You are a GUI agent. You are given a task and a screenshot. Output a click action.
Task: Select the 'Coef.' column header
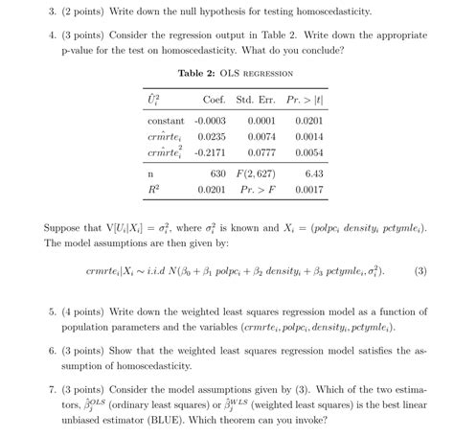[215, 101]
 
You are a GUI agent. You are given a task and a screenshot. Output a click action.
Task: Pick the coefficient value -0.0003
[210, 122]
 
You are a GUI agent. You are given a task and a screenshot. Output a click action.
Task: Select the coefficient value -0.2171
[210, 152]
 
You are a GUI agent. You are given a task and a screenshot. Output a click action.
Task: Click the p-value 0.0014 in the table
[308, 137]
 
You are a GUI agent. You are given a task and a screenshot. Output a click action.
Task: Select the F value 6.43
[313, 174]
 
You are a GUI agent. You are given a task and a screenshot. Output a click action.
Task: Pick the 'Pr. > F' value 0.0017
[308, 190]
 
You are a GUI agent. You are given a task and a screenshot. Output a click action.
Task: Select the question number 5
[51, 312]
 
